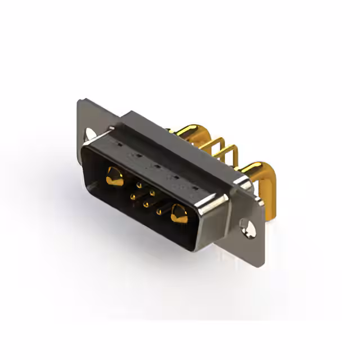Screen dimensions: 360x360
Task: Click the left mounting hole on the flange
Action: [x=90, y=134]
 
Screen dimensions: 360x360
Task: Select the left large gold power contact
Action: [x=114, y=177]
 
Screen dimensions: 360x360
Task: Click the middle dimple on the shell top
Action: [x=154, y=167]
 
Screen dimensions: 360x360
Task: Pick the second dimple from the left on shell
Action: [x=134, y=156]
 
